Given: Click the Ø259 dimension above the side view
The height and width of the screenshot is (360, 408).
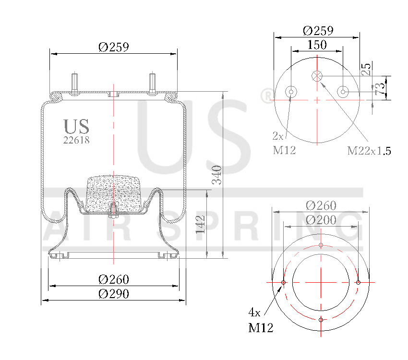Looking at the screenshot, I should tap(114, 47).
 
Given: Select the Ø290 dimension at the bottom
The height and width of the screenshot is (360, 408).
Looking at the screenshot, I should tap(114, 294).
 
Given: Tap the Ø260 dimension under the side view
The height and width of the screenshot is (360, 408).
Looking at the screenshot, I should tap(114, 279).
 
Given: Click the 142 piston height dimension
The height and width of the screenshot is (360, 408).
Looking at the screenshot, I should tap(201, 224).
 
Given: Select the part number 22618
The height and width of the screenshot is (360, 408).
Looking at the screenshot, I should tap(76, 140).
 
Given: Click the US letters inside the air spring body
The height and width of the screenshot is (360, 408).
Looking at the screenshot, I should tap(76, 126).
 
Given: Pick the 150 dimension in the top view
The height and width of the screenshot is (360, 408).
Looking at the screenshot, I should tap(317, 45).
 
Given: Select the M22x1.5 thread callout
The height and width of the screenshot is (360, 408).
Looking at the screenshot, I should tap(369, 151).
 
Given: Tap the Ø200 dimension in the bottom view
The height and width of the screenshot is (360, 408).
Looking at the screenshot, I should tap(321, 220).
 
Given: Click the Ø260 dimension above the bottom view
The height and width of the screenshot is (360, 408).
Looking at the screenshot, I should tap(321, 205).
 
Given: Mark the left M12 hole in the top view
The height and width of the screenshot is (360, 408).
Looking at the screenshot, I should tap(291, 92).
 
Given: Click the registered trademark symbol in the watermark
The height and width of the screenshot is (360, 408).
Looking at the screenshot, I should tap(265, 96).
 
